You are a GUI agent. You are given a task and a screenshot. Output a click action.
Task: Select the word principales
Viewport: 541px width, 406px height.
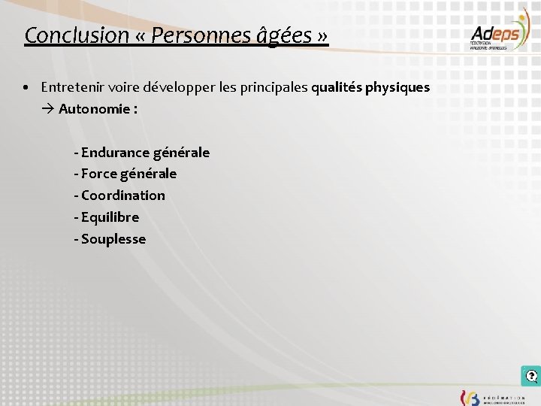[x=272, y=87]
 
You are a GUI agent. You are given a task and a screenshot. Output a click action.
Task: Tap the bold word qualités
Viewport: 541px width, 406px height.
[x=336, y=87]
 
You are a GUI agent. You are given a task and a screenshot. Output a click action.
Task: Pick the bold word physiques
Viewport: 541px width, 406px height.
[x=397, y=87]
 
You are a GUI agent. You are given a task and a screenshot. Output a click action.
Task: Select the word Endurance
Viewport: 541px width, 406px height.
[x=115, y=153]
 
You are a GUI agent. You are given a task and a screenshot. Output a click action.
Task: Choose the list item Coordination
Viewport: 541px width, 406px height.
[x=122, y=195]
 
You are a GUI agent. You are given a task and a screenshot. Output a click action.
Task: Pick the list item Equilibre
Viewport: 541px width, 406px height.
[x=110, y=217]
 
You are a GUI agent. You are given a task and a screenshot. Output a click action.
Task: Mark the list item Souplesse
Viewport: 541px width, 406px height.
[x=113, y=239]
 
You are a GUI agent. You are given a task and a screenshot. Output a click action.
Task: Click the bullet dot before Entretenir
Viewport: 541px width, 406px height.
[x=26, y=87]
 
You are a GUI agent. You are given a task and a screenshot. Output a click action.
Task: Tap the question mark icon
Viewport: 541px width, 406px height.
[x=531, y=376]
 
